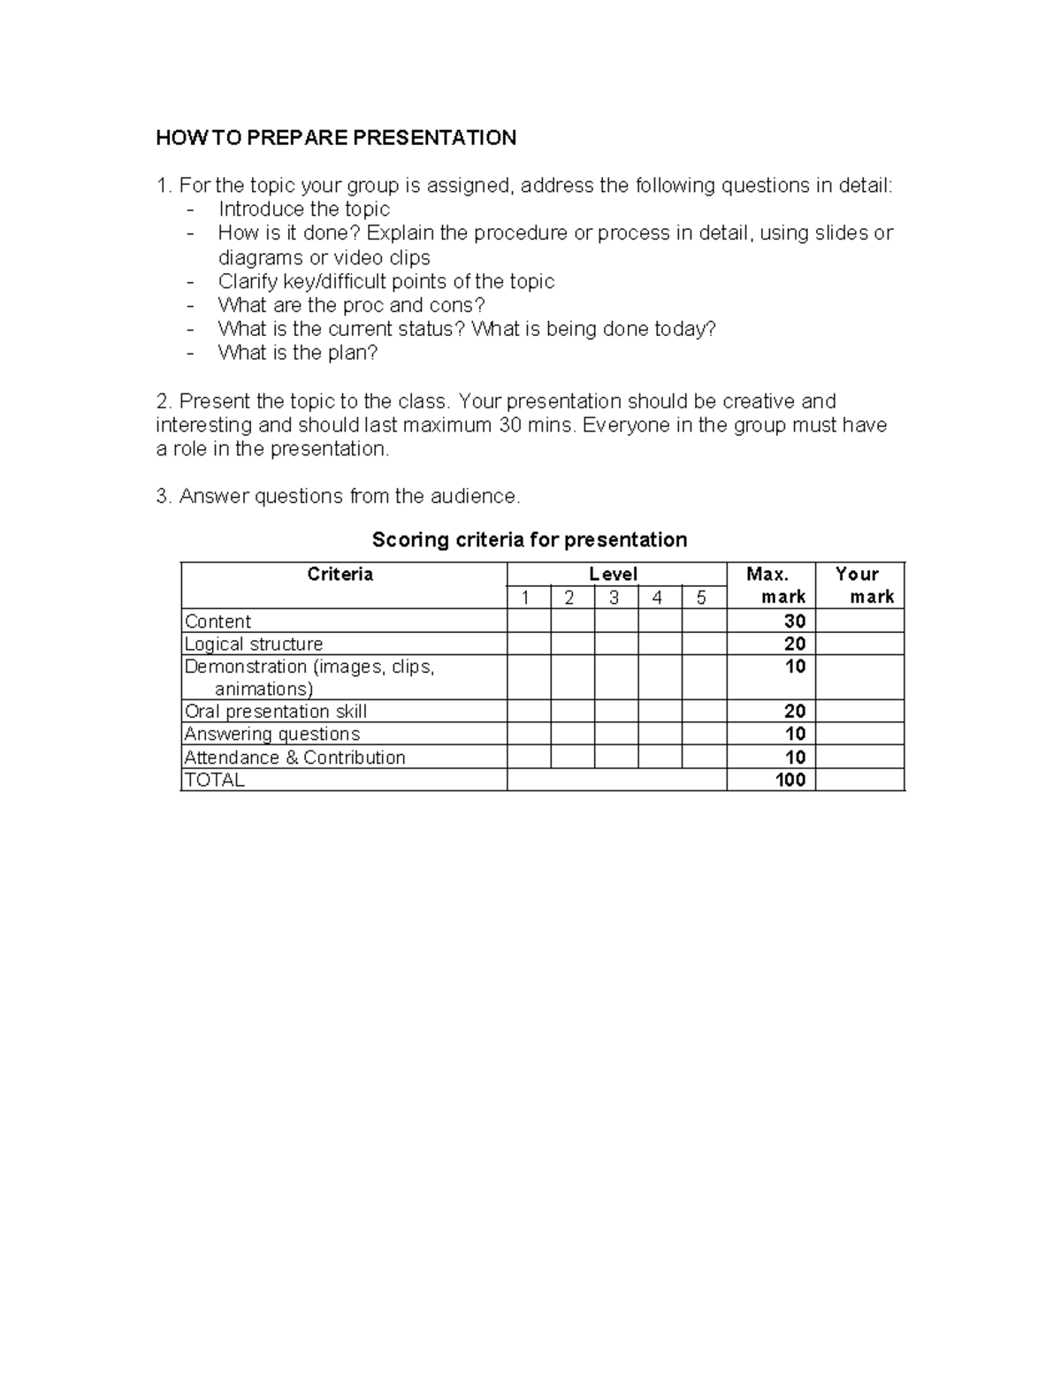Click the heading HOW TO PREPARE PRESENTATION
click(x=336, y=138)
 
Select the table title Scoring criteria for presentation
click(x=529, y=539)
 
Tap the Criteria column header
click(x=340, y=575)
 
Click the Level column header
click(x=614, y=575)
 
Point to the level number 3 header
click(x=614, y=599)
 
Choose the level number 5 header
click(x=701, y=599)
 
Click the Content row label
click(x=218, y=622)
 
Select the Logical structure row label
click(x=253, y=645)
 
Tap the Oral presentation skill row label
click(x=275, y=712)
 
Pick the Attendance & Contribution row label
click(x=294, y=758)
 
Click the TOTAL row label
click(x=213, y=780)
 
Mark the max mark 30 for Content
click(x=794, y=622)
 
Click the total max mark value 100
click(x=790, y=780)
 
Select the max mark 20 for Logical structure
click(x=794, y=645)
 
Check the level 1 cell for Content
click(x=529, y=622)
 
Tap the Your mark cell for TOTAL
click(x=859, y=780)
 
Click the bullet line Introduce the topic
click(x=303, y=210)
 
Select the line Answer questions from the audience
click(x=339, y=497)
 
